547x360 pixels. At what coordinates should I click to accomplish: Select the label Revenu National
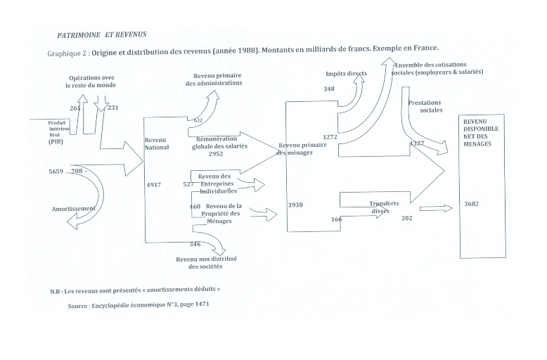click(x=157, y=143)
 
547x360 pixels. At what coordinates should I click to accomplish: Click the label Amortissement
click(x=73, y=209)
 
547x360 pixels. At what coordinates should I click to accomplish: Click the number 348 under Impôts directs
click(x=329, y=89)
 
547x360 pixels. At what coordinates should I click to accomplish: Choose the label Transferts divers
click(x=385, y=207)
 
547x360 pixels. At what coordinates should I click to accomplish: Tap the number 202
click(x=406, y=218)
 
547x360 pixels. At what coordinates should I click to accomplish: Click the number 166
click(x=336, y=219)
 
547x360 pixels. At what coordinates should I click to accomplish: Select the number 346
click(x=195, y=244)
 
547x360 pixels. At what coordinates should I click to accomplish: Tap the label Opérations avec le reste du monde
click(x=92, y=81)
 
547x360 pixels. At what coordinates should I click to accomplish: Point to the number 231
click(x=112, y=108)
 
